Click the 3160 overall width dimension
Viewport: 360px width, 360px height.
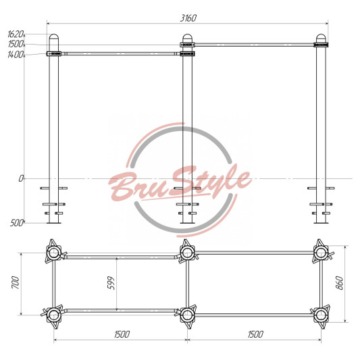pos(188,18)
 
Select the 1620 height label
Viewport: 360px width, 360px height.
pos(16,34)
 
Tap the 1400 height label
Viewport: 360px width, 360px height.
pos(16,55)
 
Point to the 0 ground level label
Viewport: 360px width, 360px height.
pos(21,178)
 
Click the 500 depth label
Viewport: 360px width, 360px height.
pos(16,223)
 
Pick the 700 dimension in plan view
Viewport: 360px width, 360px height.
pos(16,282)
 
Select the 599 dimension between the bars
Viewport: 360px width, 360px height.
pos(111,283)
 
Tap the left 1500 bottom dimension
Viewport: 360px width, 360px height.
pos(122,334)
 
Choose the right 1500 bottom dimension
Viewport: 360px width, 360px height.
pos(255,334)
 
